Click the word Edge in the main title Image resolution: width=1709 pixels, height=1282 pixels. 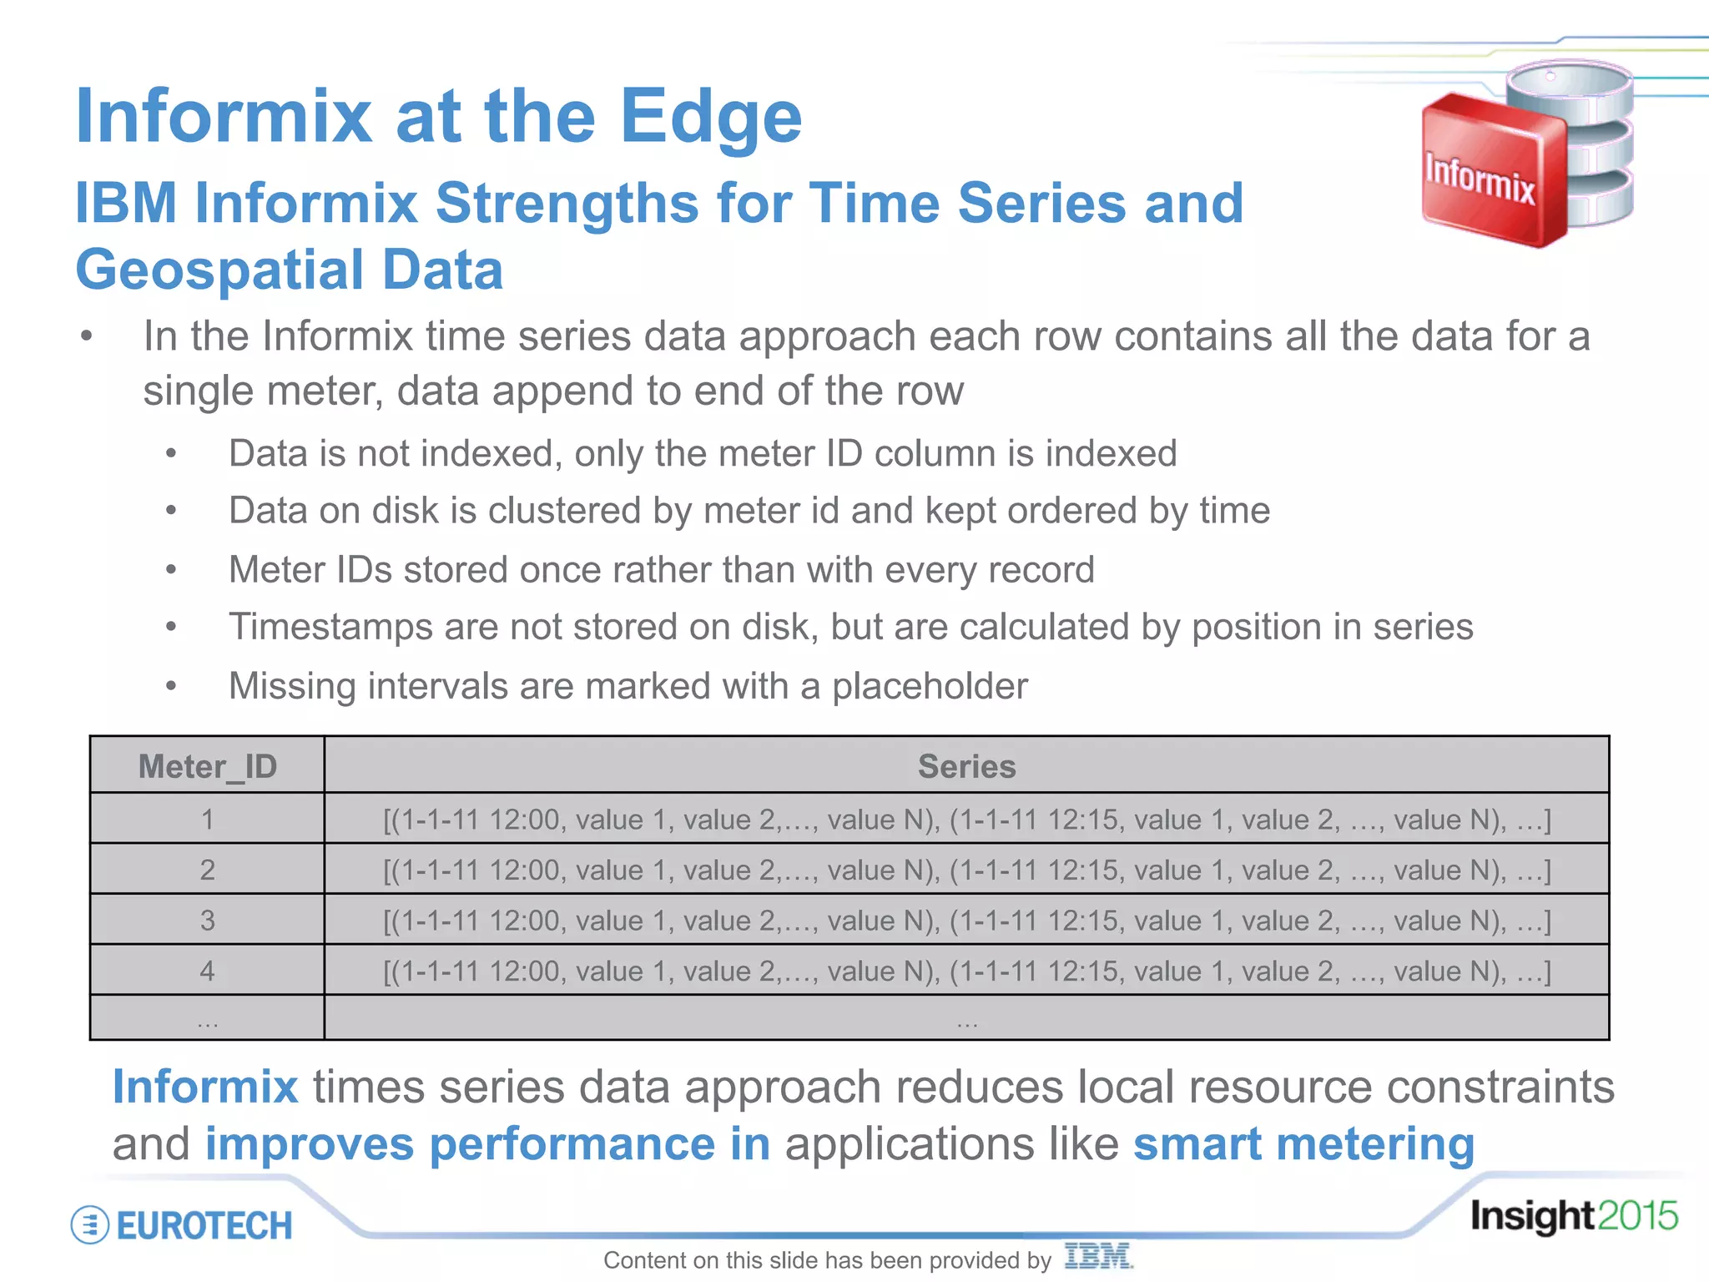click(x=710, y=119)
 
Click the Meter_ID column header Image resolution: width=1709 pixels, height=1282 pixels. click(x=207, y=766)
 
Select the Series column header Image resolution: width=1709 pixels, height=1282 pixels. click(x=966, y=766)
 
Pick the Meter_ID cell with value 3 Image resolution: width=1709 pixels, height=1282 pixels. click(x=207, y=921)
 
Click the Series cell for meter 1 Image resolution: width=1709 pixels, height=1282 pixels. click(x=966, y=820)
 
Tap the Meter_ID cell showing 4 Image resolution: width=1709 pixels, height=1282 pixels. click(x=207, y=971)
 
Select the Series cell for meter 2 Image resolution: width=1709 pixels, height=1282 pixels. click(x=966, y=871)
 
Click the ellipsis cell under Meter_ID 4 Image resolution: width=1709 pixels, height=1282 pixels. click(x=207, y=1019)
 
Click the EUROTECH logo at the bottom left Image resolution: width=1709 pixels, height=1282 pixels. click(x=183, y=1225)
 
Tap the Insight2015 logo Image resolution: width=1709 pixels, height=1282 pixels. click(x=1573, y=1216)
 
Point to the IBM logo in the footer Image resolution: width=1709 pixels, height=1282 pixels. click(x=1098, y=1256)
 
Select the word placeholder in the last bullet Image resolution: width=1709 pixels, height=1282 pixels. click(x=930, y=687)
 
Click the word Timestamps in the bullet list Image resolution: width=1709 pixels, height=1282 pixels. click(x=330, y=627)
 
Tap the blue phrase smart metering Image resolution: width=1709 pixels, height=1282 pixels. click(x=1303, y=1143)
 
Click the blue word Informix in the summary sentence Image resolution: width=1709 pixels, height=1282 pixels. click(x=205, y=1087)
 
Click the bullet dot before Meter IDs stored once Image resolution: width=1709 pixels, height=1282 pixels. click(x=171, y=570)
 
